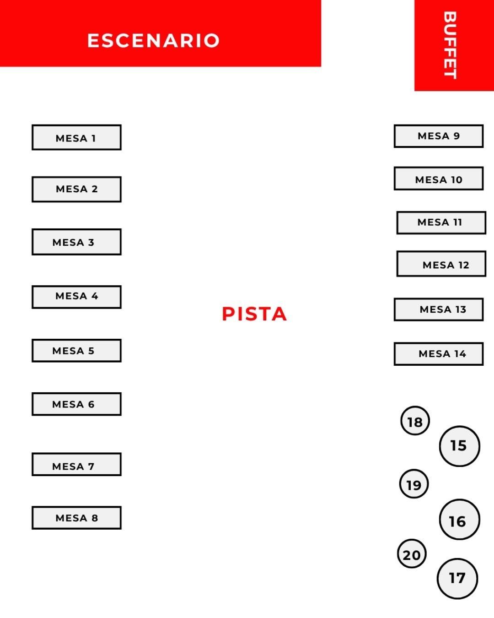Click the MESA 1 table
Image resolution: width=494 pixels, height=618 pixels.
(x=77, y=137)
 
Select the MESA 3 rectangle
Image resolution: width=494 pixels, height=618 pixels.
(x=77, y=242)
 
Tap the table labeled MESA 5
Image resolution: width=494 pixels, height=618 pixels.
(x=77, y=351)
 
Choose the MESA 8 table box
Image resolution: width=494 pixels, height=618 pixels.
(x=77, y=518)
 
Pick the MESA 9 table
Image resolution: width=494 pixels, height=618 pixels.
(x=439, y=136)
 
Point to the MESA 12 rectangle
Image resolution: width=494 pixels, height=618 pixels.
(x=441, y=264)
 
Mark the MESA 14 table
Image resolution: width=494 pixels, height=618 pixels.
(x=439, y=354)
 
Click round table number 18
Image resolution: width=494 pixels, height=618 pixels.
(x=415, y=421)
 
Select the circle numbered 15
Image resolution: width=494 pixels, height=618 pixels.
(x=460, y=446)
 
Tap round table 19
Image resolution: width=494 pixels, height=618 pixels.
(x=414, y=484)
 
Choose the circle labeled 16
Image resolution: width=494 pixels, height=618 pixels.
(x=460, y=520)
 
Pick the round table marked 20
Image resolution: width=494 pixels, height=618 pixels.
(x=412, y=553)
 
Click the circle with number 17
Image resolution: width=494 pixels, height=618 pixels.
(x=457, y=579)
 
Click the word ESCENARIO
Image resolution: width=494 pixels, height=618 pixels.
(x=154, y=40)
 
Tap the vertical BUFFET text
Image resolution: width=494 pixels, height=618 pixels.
(x=450, y=45)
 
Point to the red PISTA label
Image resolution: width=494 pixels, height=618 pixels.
(x=254, y=314)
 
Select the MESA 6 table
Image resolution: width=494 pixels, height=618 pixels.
(x=77, y=404)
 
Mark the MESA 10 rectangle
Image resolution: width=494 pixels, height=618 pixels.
(x=439, y=179)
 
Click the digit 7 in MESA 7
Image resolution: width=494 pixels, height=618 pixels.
(x=91, y=466)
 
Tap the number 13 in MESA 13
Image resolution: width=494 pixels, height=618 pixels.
(x=461, y=309)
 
